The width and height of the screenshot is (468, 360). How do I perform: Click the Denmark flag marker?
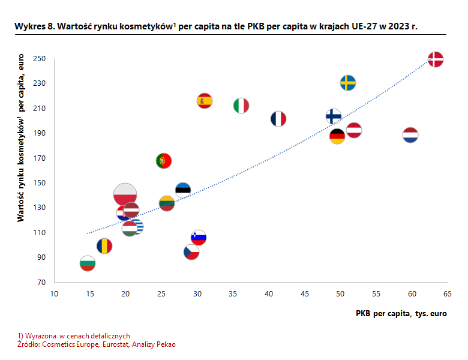(436, 59)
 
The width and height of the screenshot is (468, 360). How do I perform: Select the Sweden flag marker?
(348, 83)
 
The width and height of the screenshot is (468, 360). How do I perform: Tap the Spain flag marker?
(205, 100)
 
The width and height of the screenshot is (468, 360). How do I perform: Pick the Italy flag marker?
(241, 106)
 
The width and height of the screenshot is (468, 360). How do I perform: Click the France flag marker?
(278, 119)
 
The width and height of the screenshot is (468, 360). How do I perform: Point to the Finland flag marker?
(334, 116)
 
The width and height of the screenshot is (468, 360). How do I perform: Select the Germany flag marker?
(337, 136)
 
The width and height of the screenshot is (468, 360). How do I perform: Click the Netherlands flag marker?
(410, 134)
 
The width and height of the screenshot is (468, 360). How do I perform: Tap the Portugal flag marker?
(163, 160)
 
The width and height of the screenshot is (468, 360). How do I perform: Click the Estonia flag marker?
(183, 190)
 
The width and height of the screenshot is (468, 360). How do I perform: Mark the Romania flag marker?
(104, 246)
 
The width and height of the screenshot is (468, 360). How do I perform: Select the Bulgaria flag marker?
(88, 263)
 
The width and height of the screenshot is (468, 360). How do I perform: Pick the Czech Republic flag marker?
(191, 252)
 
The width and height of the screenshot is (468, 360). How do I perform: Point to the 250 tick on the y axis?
(40, 59)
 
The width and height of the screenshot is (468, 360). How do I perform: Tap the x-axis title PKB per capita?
(401, 313)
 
